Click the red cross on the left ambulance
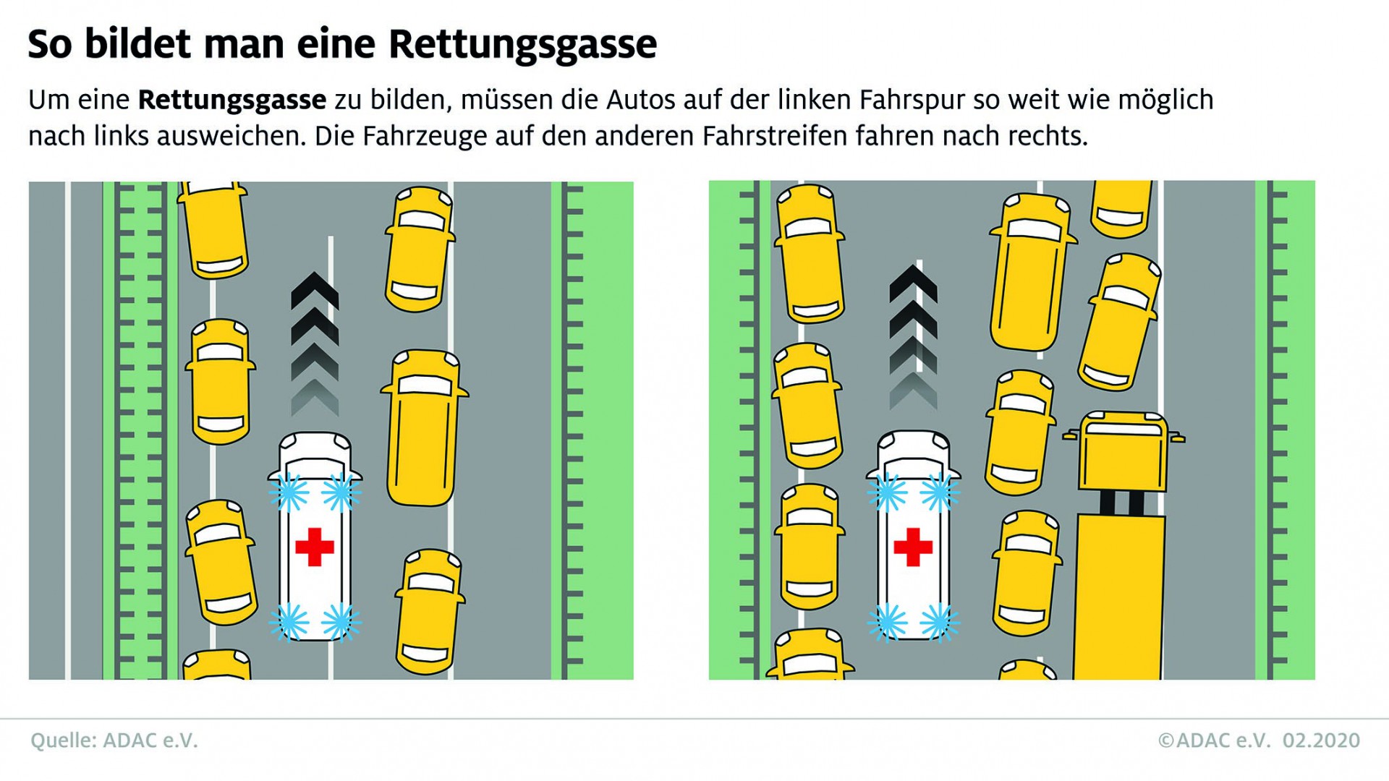tap(315, 547)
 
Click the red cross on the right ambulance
tap(913, 547)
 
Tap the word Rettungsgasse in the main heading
tap(523, 45)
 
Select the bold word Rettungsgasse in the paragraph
tap(232, 100)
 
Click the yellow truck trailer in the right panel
tap(1119, 597)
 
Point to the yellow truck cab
tap(1123, 452)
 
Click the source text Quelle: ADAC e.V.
tap(114, 741)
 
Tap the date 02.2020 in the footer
tap(1322, 741)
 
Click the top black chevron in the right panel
tap(914, 283)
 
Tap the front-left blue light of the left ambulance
tap(289, 493)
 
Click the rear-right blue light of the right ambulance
tap(940, 622)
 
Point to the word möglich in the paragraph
tap(1166, 101)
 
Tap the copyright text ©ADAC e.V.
tap(1215, 741)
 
